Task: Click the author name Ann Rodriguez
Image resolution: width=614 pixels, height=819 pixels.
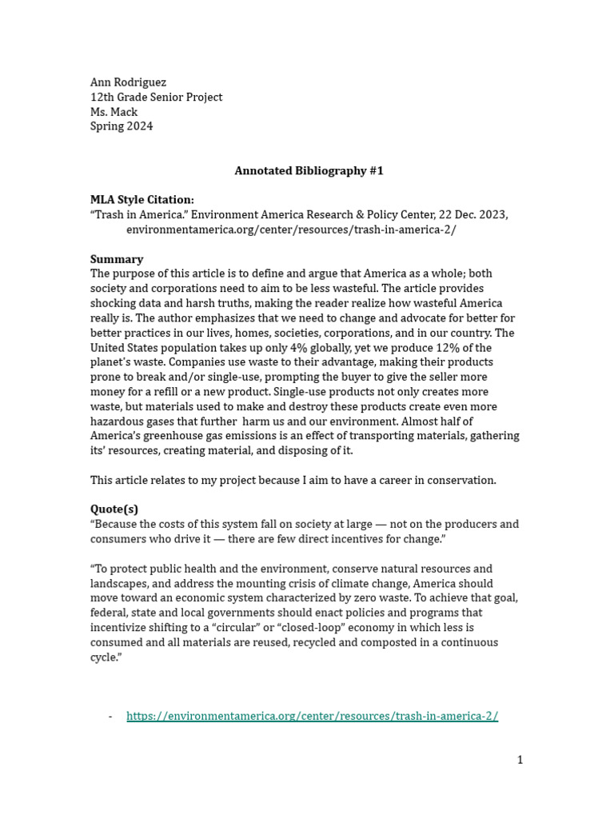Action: [x=128, y=82]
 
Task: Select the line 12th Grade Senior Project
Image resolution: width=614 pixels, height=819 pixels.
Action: [x=156, y=97]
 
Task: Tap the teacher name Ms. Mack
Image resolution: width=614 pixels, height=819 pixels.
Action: [x=114, y=112]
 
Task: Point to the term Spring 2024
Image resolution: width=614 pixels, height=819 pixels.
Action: [x=122, y=126]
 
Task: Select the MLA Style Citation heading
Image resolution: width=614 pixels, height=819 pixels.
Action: [x=142, y=200]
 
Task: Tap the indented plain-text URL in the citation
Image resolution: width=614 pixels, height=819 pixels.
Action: [x=291, y=230]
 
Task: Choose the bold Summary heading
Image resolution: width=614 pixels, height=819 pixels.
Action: [x=117, y=259]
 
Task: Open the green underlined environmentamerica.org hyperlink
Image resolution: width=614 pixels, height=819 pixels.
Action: [x=312, y=716]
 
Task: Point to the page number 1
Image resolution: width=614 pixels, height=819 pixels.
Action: [x=520, y=760]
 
